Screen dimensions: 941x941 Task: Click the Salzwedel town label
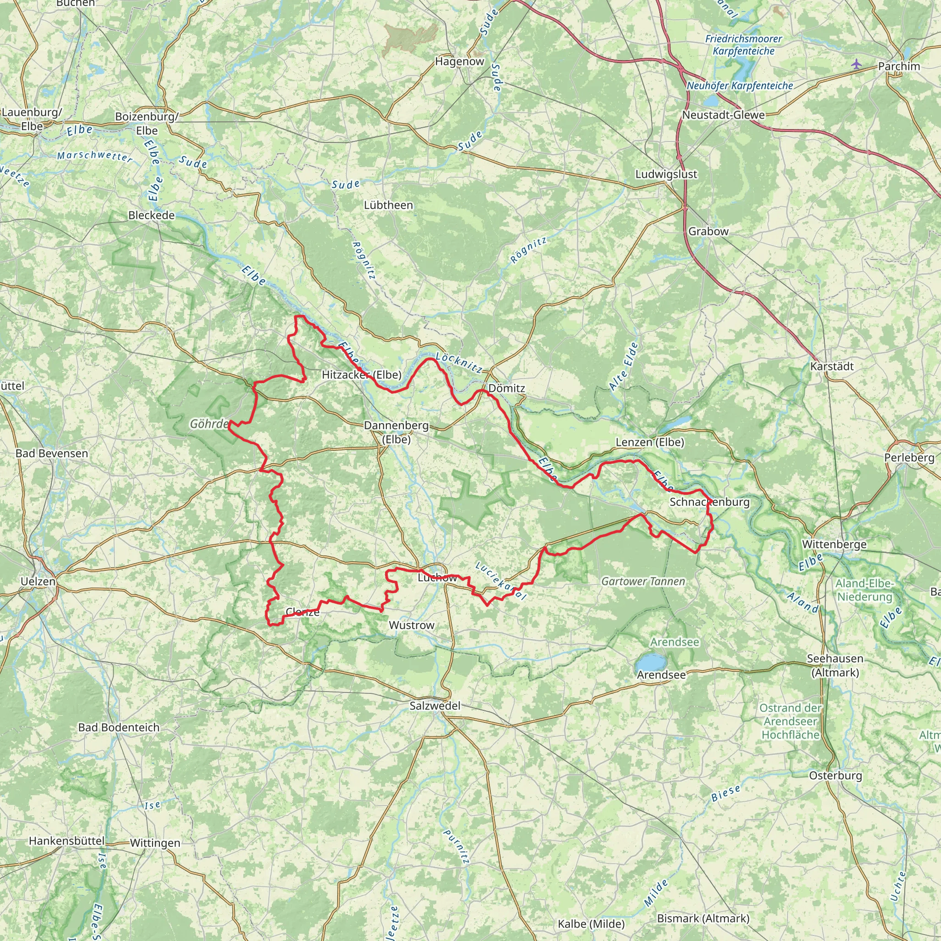[x=435, y=706]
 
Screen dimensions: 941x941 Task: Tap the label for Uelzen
[x=38, y=582]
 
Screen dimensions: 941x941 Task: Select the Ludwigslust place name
[x=666, y=174]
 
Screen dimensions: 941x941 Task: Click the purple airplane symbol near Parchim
[x=856, y=64]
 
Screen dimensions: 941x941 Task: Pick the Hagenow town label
[x=459, y=62]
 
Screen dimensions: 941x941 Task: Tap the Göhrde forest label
[x=209, y=424]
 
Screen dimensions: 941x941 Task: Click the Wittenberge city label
[x=834, y=544]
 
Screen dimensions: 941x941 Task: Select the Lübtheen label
[x=388, y=205]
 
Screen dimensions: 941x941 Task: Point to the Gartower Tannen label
[x=643, y=581]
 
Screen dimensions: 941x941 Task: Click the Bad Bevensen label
[x=51, y=453]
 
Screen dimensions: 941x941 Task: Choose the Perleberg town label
[x=909, y=457]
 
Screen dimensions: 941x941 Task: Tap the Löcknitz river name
[x=459, y=363]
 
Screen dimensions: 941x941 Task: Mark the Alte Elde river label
[x=624, y=366]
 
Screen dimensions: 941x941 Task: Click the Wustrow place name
[x=411, y=625]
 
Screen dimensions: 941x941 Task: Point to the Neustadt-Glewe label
[x=723, y=115]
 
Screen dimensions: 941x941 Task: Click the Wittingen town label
[x=155, y=843]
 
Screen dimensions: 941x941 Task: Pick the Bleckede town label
[x=151, y=215]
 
